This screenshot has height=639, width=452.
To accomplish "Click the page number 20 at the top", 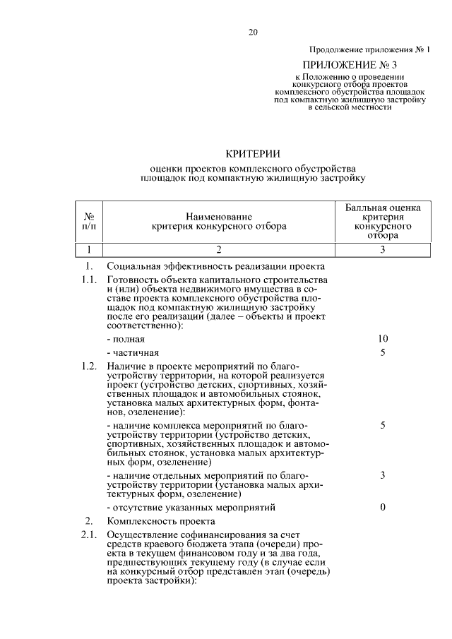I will click(x=254, y=32).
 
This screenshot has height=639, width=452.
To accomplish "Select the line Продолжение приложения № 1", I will click(x=369, y=49).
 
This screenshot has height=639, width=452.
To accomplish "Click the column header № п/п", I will click(x=90, y=222).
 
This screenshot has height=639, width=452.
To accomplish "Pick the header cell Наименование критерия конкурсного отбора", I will click(x=219, y=222).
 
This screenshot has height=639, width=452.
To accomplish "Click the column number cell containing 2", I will click(x=219, y=249).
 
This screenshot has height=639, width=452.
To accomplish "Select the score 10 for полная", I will click(x=382, y=339).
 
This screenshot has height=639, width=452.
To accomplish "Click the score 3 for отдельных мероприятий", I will click(x=382, y=475).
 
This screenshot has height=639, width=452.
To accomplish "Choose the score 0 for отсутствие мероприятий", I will click(x=382, y=508).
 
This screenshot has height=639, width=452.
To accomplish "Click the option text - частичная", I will click(x=132, y=352).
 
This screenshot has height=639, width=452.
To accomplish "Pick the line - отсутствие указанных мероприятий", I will click(x=190, y=508).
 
